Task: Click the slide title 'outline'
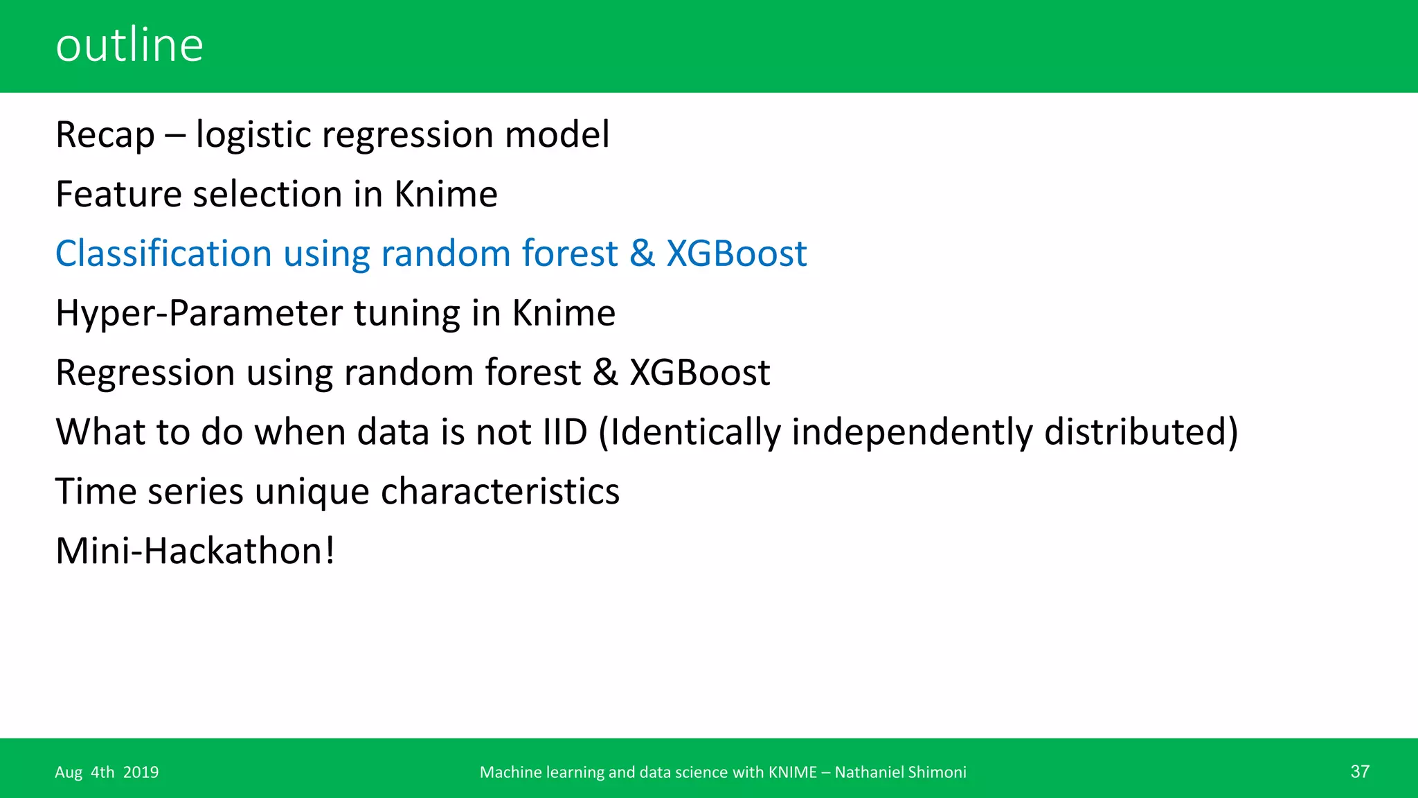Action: coord(129,45)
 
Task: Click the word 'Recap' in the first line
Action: coord(105,134)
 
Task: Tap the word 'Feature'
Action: coord(118,194)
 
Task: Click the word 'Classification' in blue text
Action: coord(163,254)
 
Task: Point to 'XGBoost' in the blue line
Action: coord(736,254)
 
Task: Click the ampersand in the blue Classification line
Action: coord(642,254)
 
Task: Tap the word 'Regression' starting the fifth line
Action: coord(145,373)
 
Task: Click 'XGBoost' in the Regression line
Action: coord(699,373)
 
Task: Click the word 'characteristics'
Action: coord(500,492)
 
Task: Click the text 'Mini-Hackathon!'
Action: coord(195,551)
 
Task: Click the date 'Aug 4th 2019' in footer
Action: coord(107,772)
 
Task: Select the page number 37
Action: coord(1359,772)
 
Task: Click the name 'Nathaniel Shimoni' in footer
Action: coord(900,772)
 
